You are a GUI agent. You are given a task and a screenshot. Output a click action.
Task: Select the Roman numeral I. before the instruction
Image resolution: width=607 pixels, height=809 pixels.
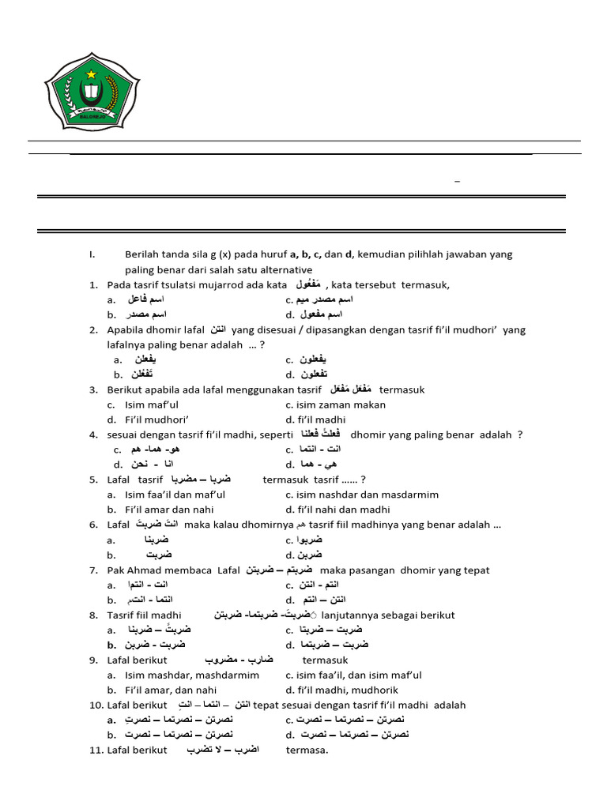[x=92, y=254]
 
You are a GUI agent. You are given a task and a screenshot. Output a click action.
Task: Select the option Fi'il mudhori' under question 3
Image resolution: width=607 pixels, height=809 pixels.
[x=157, y=420]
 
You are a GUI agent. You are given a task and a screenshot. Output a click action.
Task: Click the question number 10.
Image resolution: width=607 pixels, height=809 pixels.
[x=96, y=705]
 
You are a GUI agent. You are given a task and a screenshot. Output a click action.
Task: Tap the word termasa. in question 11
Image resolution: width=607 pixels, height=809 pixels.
[x=307, y=750]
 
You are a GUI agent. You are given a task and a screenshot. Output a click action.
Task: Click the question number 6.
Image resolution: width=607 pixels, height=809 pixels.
[x=93, y=525]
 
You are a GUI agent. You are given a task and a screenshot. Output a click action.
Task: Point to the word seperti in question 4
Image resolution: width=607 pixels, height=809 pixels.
[x=273, y=435]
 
